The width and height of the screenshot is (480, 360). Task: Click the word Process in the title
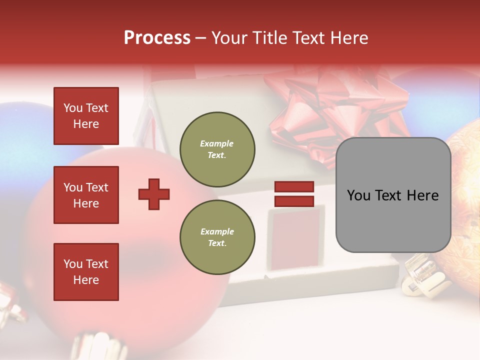(157, 38)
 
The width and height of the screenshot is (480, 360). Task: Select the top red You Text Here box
(86, 116)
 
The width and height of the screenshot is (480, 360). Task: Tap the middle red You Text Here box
(86, 195)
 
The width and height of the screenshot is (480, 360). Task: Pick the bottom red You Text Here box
(86, 272)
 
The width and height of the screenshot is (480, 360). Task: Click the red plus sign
(154, 194)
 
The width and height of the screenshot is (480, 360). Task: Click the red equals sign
(294, 194)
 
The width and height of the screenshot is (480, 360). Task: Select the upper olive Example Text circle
(217, 149)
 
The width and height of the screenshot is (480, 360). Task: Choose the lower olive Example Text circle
(217, 237)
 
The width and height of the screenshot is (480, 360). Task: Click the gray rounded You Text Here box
(393, 195)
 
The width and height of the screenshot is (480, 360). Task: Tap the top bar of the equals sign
(294, 187)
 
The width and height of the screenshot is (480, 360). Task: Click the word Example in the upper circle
(217, 143)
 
